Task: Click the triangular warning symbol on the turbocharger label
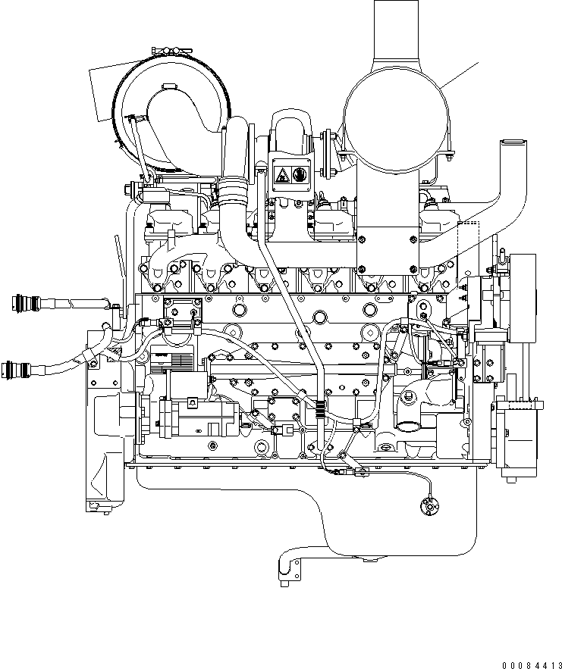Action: (281, 176)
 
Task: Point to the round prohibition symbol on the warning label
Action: (299, 176)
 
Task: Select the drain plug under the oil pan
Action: (369, 560)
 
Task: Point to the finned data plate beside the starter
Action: (161, 358)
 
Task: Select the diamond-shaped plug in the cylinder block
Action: (369, 335)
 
